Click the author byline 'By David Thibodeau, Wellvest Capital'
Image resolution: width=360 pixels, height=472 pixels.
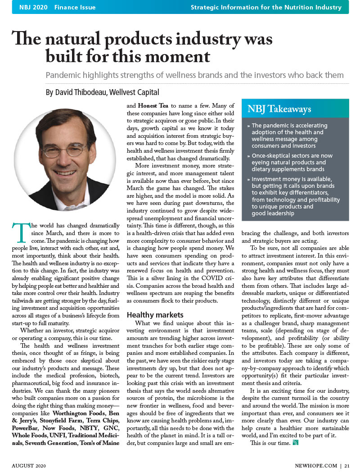[102, 93]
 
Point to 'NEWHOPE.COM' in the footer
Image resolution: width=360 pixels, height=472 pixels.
[315, 466]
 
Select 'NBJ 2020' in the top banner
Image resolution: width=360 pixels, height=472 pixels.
[33, 7]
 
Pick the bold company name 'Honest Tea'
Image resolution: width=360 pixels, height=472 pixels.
[153, 105]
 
